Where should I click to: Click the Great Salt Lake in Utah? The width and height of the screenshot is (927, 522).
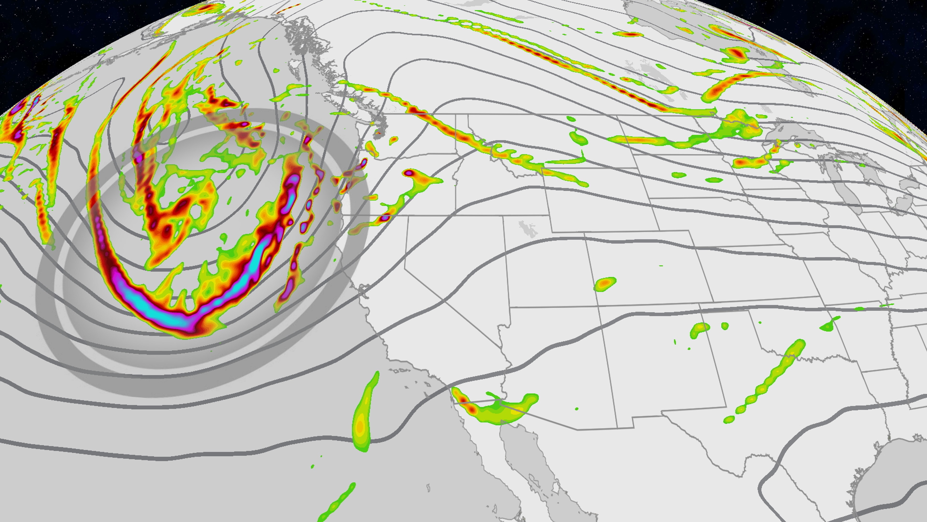pos(526,229)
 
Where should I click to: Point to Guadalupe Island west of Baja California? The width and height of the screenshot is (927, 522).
pos(428,488)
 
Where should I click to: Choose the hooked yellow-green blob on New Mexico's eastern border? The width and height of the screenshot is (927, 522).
pos(698,330)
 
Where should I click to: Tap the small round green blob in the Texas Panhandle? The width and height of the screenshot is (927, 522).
pos(725,326)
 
